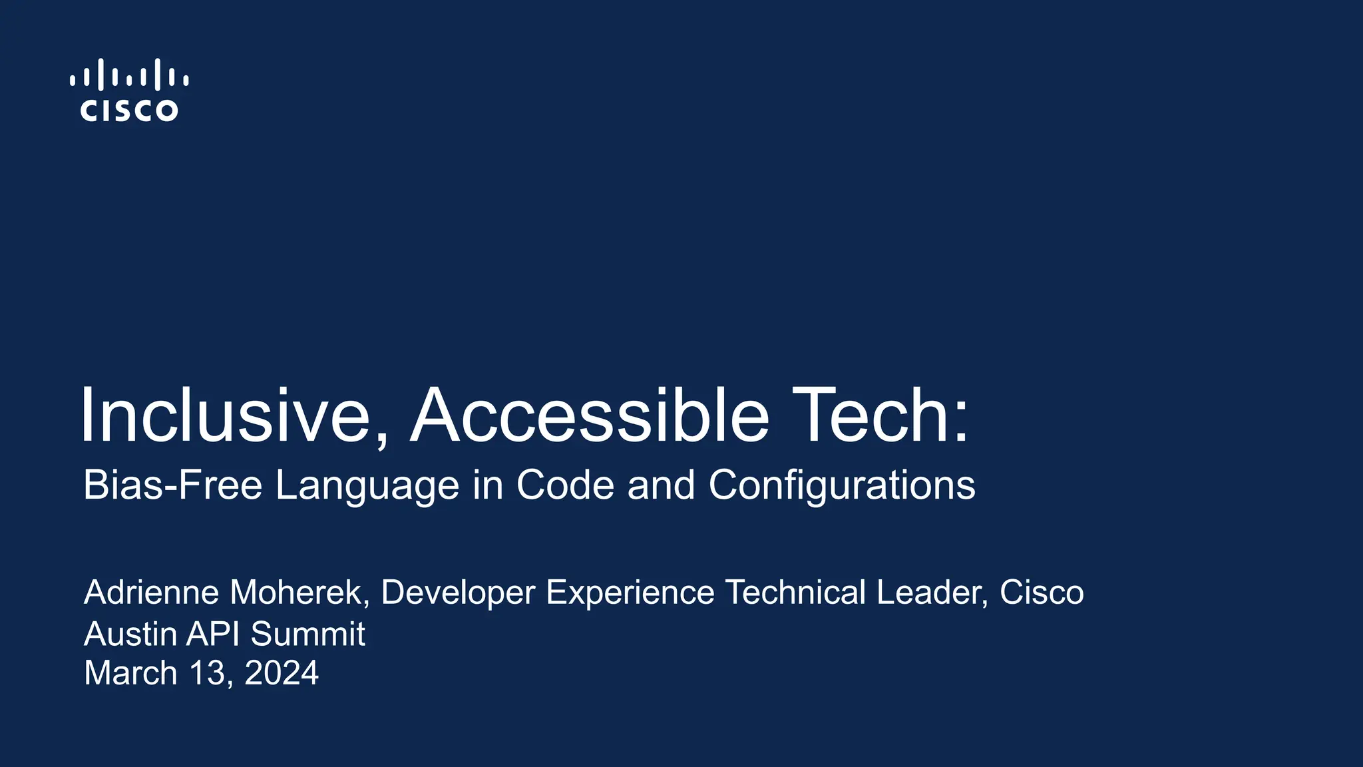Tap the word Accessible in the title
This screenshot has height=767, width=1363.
pyautogui.click(x=589, y=415)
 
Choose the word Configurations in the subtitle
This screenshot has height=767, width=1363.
pyautogui.click(x=842, y=486)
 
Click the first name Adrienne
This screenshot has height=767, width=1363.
pyautogui.click(x=151, y=592)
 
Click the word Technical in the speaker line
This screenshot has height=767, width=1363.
pyautogui.click(x=795, y=592)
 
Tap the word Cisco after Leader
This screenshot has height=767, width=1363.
pyautogui.click(x=1042, y=592)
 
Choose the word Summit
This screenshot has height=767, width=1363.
pyautogui.click(x=307, y=633)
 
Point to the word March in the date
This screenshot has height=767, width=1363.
pyautogui.click(x=130, y=673)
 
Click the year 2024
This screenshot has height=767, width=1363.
pyautogui.click(x=282, y=673)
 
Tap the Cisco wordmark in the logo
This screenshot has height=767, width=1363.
pyautogui.click(x=129, y=111)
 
